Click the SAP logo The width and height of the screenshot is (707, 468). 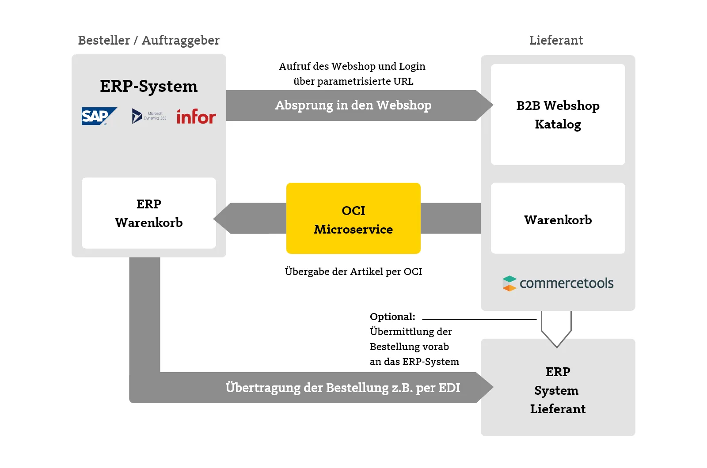coord(99,116)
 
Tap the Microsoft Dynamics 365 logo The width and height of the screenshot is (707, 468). coord(149,116)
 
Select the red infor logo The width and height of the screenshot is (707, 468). coord(196,117)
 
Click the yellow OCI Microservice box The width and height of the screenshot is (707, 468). coord(353,218)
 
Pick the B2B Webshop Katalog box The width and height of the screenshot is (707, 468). coord(558,114)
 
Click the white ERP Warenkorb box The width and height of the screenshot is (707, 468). coord(148,213)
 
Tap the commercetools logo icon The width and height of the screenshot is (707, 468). coord(509,283)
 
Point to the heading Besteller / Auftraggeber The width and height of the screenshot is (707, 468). coord(148,40)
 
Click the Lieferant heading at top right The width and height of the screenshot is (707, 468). coord(556,40)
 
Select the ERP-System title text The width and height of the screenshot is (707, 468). coord(148,86)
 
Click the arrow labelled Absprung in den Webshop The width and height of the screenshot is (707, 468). coord(353,106)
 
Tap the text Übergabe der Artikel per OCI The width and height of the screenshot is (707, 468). coord(353,272)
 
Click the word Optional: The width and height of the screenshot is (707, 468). coord(392,317)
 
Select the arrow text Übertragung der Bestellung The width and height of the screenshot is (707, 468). coord(342,388)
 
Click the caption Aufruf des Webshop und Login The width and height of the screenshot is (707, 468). coord(352,66)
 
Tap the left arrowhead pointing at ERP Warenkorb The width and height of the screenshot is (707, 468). coord(223,218)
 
